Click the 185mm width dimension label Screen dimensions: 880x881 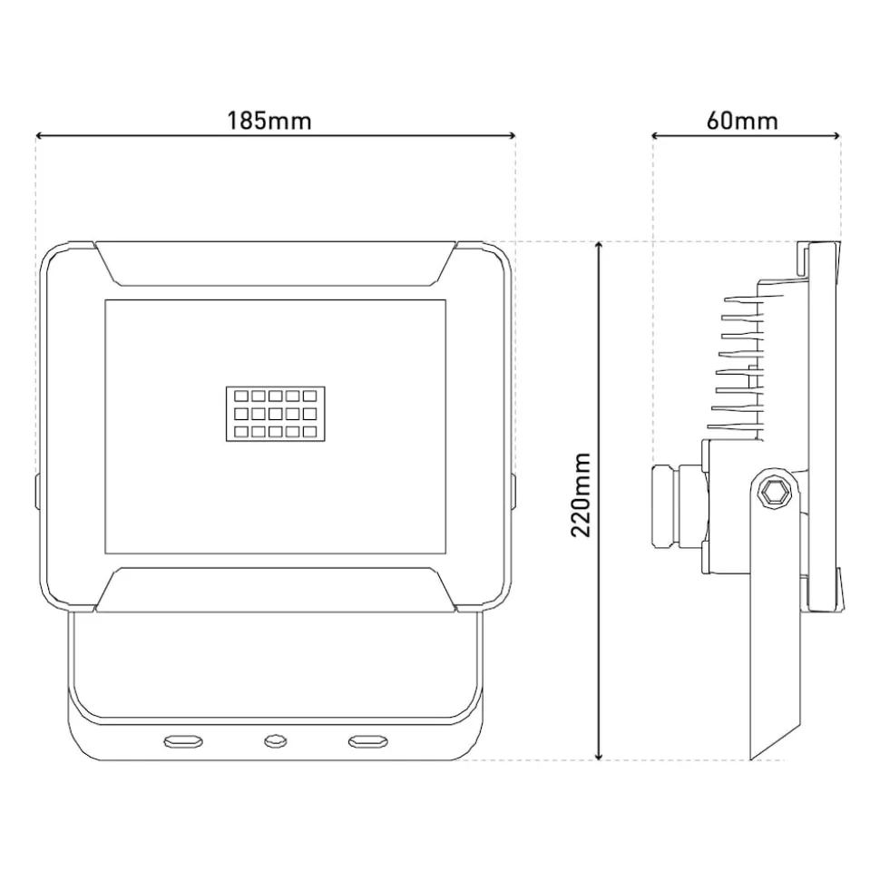[x=269, y=122]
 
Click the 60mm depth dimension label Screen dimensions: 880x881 [x=742, y=122]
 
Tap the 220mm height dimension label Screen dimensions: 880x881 [x=581, y=495]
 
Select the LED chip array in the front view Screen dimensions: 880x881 [x=276, y=414]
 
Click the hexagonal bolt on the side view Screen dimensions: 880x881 [x=773, y=494]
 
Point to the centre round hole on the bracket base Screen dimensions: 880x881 [x=275, y=741]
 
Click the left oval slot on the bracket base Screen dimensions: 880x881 [x=183, y=741]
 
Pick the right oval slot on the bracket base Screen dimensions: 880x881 [x=368, y=741]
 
